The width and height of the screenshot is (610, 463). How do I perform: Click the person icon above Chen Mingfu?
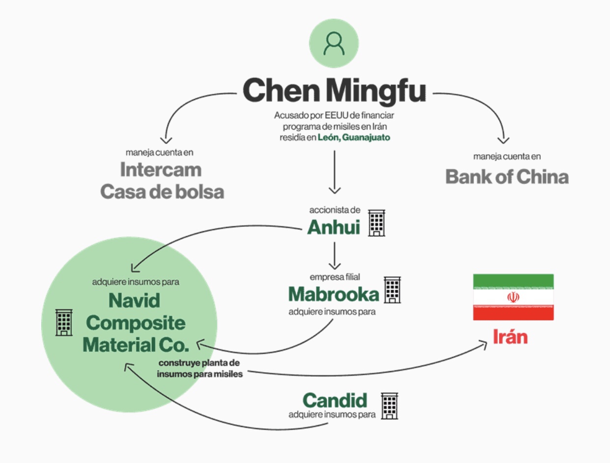334,43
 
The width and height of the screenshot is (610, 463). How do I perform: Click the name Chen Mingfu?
334,91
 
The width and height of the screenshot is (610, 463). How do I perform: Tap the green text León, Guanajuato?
354,137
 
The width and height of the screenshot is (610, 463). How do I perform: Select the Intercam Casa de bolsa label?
162,180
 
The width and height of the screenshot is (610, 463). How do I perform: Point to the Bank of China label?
507,177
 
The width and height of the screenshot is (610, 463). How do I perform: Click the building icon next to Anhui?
377,223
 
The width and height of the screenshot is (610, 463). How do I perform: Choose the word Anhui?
333,227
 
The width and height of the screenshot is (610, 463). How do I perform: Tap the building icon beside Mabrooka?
392,289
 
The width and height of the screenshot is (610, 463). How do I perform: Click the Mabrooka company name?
333,294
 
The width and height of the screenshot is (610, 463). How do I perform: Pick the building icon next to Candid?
389,406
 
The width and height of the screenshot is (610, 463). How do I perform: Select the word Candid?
335,401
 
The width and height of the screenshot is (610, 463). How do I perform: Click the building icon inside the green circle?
64,322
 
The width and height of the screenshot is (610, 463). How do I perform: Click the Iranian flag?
513,297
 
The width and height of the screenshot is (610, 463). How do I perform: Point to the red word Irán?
510,337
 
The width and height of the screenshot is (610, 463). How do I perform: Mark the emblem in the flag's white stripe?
513,297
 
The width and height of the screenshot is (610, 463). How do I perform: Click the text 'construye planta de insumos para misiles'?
199,369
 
